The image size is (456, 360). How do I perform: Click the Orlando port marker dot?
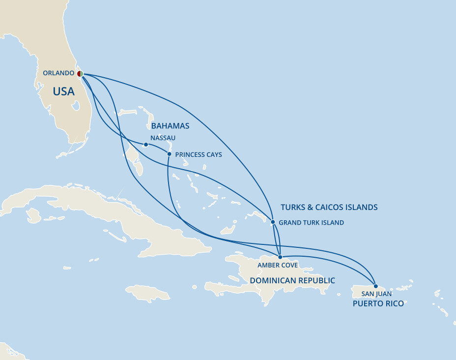[80, 73]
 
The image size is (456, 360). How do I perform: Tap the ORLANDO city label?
[58, 73]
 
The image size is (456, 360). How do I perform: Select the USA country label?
[64, 91]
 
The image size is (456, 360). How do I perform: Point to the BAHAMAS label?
[171, 126]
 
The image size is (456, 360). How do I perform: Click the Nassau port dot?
[146, 145]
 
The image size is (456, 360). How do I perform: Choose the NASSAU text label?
[163, 138]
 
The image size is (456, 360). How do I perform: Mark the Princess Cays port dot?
[170, 154]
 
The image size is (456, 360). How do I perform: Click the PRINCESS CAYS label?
[199, 155]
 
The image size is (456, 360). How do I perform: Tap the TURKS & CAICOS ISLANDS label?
[329, 207]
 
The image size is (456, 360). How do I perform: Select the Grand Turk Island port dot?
[273, 222]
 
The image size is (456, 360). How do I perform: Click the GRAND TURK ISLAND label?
[311, 223]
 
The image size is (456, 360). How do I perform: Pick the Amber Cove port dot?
[280, 257]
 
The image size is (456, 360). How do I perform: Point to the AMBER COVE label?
[278, 266]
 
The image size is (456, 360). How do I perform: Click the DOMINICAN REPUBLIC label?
[292, 280]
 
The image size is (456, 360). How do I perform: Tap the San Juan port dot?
[376, 286]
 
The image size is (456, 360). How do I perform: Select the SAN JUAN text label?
[376, 294]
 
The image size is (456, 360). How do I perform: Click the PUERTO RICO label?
[378, 303]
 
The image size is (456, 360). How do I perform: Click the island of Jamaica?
[148, 293]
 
